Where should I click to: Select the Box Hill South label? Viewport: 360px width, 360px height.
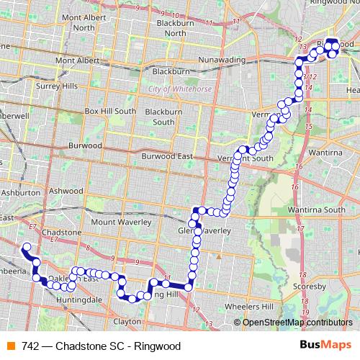109,112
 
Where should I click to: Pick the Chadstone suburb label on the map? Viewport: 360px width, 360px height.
62,233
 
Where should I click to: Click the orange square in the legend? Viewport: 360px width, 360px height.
10,346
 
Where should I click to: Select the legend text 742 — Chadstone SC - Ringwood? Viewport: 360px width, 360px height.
101,346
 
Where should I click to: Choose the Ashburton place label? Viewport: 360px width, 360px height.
20,193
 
